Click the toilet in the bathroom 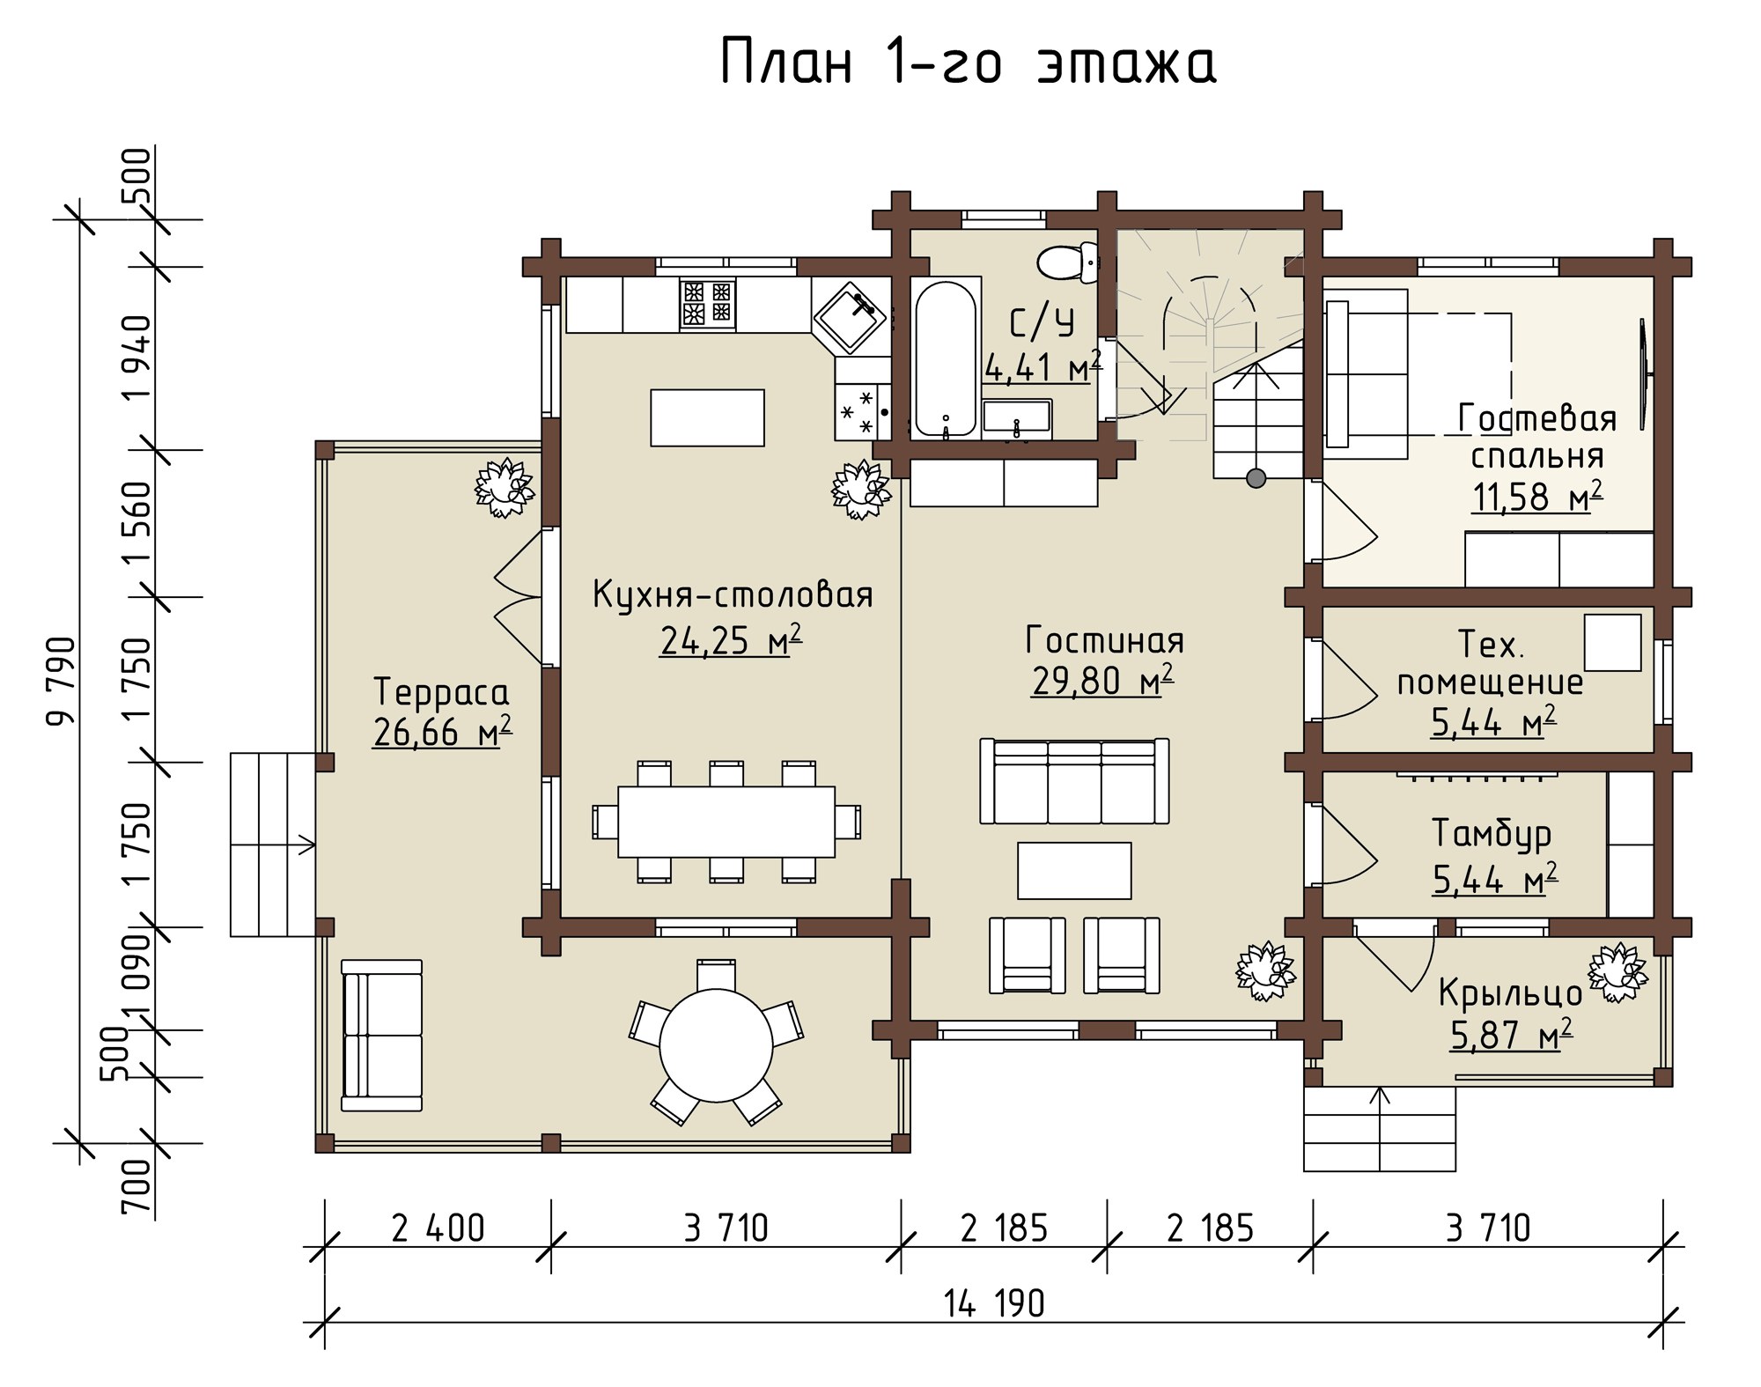pyautogui.click(x=1067, y=262)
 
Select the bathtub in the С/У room pyautogui.click(x=946, y=358)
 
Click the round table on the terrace pyautogui.click(x=716, y=1044)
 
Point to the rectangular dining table pyautogui.click(x=726, y=821)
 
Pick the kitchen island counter pyautogui.click(x=707, y=417)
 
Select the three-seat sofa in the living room pyautogui.click(x=1074, y=781)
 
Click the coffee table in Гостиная pyautogui.click(x=1074, y=870)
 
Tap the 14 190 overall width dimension pyautogui.click(x=994, y=1302)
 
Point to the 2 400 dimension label pyautogui.click(x=438, y=1228)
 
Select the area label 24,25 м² pyautogui.click(x=731, y=640)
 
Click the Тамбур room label pyautogui.click(x=1491, y=834)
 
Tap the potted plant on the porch pyautogui.click(x=1616, y=973)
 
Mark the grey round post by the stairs pyautogui.click(x=1256, y=478)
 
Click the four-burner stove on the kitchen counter pyautogui.click(x=707, y=303)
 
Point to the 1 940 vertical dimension pyautogui.click(x=138, y=358)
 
